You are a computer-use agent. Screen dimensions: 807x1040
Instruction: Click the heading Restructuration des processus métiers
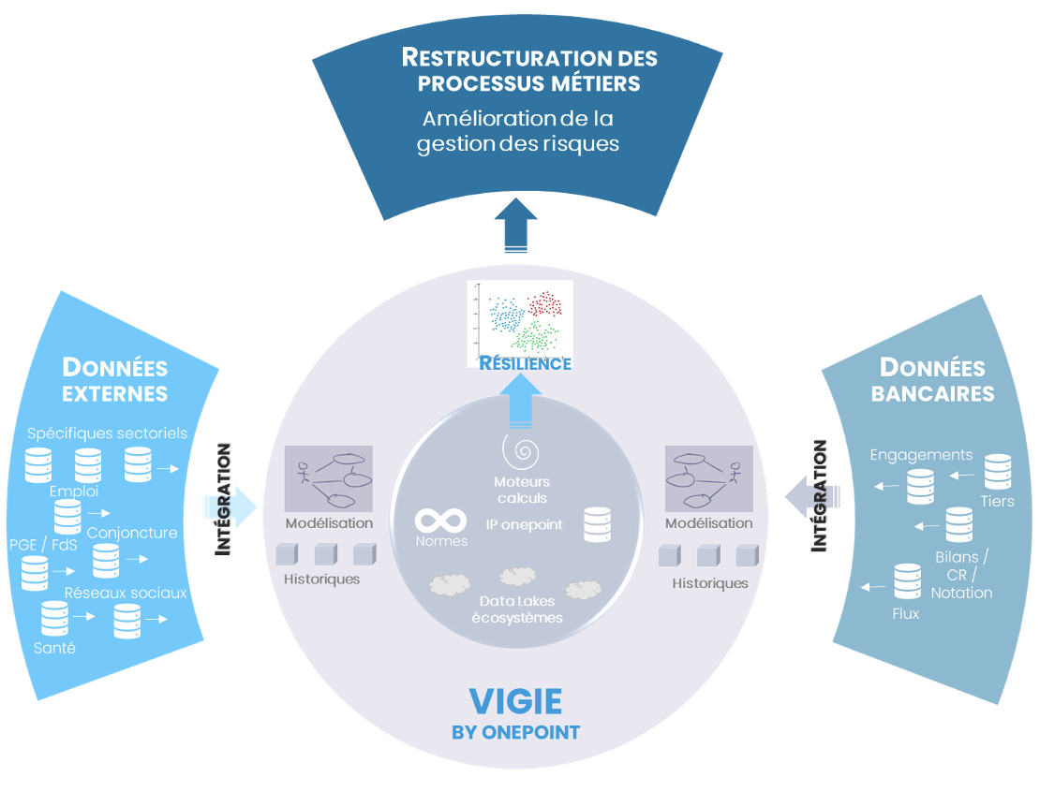[x=529, y=70]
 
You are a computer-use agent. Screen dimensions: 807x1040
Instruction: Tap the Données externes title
[x=115, y=379]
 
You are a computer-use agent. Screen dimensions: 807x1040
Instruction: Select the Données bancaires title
[x=932, y=380]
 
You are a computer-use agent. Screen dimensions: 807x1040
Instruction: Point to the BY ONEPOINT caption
[x=515, y=732]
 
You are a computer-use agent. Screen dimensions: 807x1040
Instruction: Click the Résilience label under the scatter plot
[x=525, y=363]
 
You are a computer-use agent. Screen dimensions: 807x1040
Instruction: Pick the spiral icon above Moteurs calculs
[x=521, y=451]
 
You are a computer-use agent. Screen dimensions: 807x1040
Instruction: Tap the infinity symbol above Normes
[x=441, y=520]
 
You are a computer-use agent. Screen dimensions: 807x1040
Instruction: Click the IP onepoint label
[x=525, y=524]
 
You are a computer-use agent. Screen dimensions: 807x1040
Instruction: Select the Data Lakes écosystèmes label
[x=521, y=609]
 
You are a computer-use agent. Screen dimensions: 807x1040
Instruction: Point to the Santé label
[x=54, y=648]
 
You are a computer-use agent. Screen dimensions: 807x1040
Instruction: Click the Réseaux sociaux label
[x=126, y=593]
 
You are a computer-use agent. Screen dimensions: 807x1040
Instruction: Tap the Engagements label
[x=921, y=455]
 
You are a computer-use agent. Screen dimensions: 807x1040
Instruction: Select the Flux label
[x=906, y=614]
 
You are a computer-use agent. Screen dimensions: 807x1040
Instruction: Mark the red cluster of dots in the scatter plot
[x=546, y=305]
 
